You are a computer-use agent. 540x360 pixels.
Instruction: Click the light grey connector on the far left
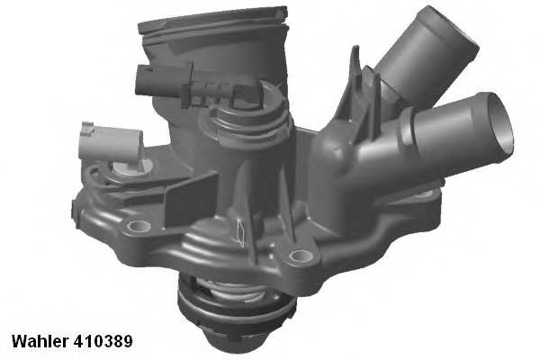point(106,142)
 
